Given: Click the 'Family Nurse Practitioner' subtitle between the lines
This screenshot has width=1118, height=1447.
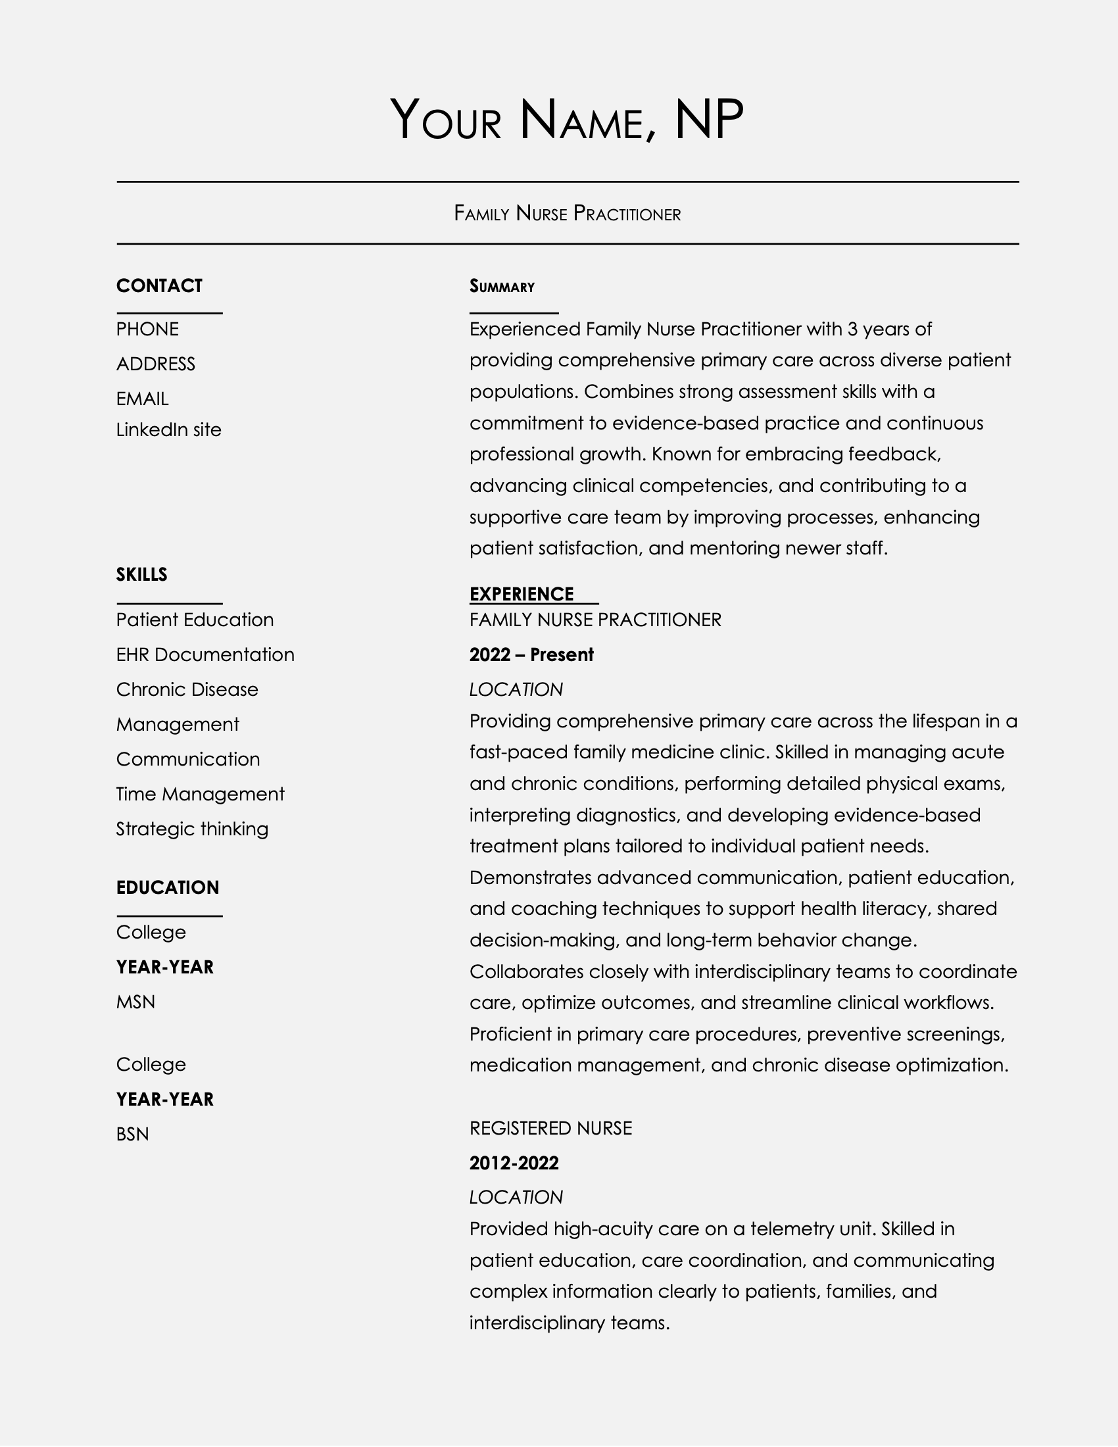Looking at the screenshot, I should tap(567, 213).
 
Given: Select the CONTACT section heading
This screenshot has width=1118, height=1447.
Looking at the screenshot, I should tap(159, 285).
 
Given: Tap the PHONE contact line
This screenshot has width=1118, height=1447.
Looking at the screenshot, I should tap(147, 330).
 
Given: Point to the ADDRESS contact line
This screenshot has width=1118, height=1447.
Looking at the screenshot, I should tap(156, 364).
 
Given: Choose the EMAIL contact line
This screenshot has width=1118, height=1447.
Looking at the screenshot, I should tap(143, 399).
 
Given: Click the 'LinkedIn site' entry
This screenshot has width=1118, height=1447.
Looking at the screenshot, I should tap(169, 430).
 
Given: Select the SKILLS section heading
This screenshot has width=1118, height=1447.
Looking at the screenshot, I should tap(142, 574).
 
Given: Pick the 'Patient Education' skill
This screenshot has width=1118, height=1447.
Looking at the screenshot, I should tap(195, 620).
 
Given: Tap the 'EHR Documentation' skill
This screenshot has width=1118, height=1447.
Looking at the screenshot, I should tap(205, 654).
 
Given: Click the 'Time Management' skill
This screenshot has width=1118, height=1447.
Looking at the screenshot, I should tap(200, 794).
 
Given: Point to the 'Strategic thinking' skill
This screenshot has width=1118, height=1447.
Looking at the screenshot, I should tap(192, 829).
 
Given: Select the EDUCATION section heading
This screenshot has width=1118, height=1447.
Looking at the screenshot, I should tap(168, 888).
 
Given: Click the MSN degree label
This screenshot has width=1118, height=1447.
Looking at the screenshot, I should tap(135, 1002).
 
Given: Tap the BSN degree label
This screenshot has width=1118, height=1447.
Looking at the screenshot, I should tap(132, 1135).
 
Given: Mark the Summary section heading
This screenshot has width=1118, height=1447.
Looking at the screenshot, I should tap(502, 286).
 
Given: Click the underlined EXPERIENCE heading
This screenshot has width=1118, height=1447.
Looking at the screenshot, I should tap(522, 595).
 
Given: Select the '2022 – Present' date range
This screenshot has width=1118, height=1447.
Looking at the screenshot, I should tap(531, 654).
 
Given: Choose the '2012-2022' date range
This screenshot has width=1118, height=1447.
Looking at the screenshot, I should tap(514, 1163).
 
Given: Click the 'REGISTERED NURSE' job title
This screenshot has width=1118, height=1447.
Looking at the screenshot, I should tap(550, 1127).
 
